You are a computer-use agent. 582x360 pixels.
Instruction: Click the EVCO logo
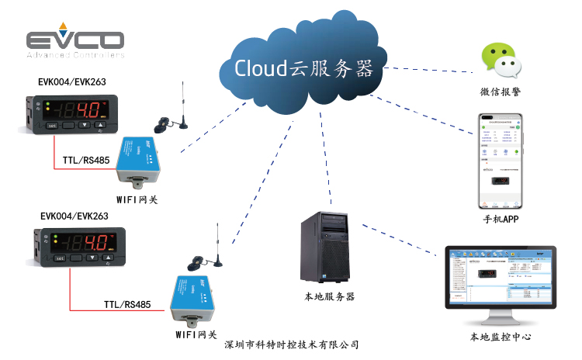74,43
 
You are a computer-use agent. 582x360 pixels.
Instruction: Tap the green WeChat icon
498,61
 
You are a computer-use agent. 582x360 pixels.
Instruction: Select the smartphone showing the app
499,162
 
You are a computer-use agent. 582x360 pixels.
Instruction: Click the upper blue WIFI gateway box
140,160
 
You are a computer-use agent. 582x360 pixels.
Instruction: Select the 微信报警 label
499,92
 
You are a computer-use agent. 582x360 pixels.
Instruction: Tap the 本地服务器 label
329,296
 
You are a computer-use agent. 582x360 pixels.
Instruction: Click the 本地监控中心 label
501,337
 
